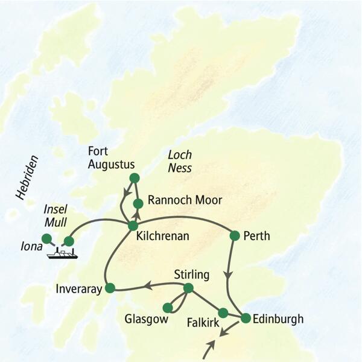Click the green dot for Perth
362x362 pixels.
[235, 235]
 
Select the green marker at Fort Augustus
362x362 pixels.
[135, 178]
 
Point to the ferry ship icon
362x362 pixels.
[63, 253]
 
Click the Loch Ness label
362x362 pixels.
[179, 162]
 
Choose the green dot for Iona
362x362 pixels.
[46, 238]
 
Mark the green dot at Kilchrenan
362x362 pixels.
[133, 226]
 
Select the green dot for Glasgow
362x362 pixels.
[167, 308]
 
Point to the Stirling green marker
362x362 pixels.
[188, 288]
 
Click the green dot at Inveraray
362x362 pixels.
[110, 288]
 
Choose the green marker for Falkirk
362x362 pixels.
[223, 313]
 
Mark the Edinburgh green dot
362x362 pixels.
[246, 318]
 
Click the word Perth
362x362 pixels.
[258, 237]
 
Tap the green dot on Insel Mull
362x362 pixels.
[69, 241]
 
